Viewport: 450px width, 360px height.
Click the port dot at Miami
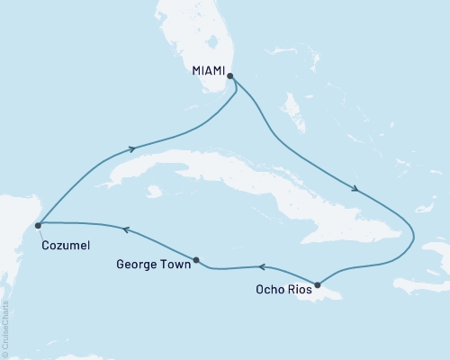click(231, 76)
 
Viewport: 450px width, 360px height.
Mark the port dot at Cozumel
click(37, 224)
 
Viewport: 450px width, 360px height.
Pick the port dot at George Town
click(197, 261)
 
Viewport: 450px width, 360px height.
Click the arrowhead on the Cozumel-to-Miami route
click(134, 149)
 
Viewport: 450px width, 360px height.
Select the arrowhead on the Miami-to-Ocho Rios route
click(357, 190)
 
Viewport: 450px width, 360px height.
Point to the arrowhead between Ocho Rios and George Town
click(261, 266)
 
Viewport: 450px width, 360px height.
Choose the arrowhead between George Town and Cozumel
click(125, 229)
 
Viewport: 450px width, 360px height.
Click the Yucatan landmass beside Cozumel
click(13, 243)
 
